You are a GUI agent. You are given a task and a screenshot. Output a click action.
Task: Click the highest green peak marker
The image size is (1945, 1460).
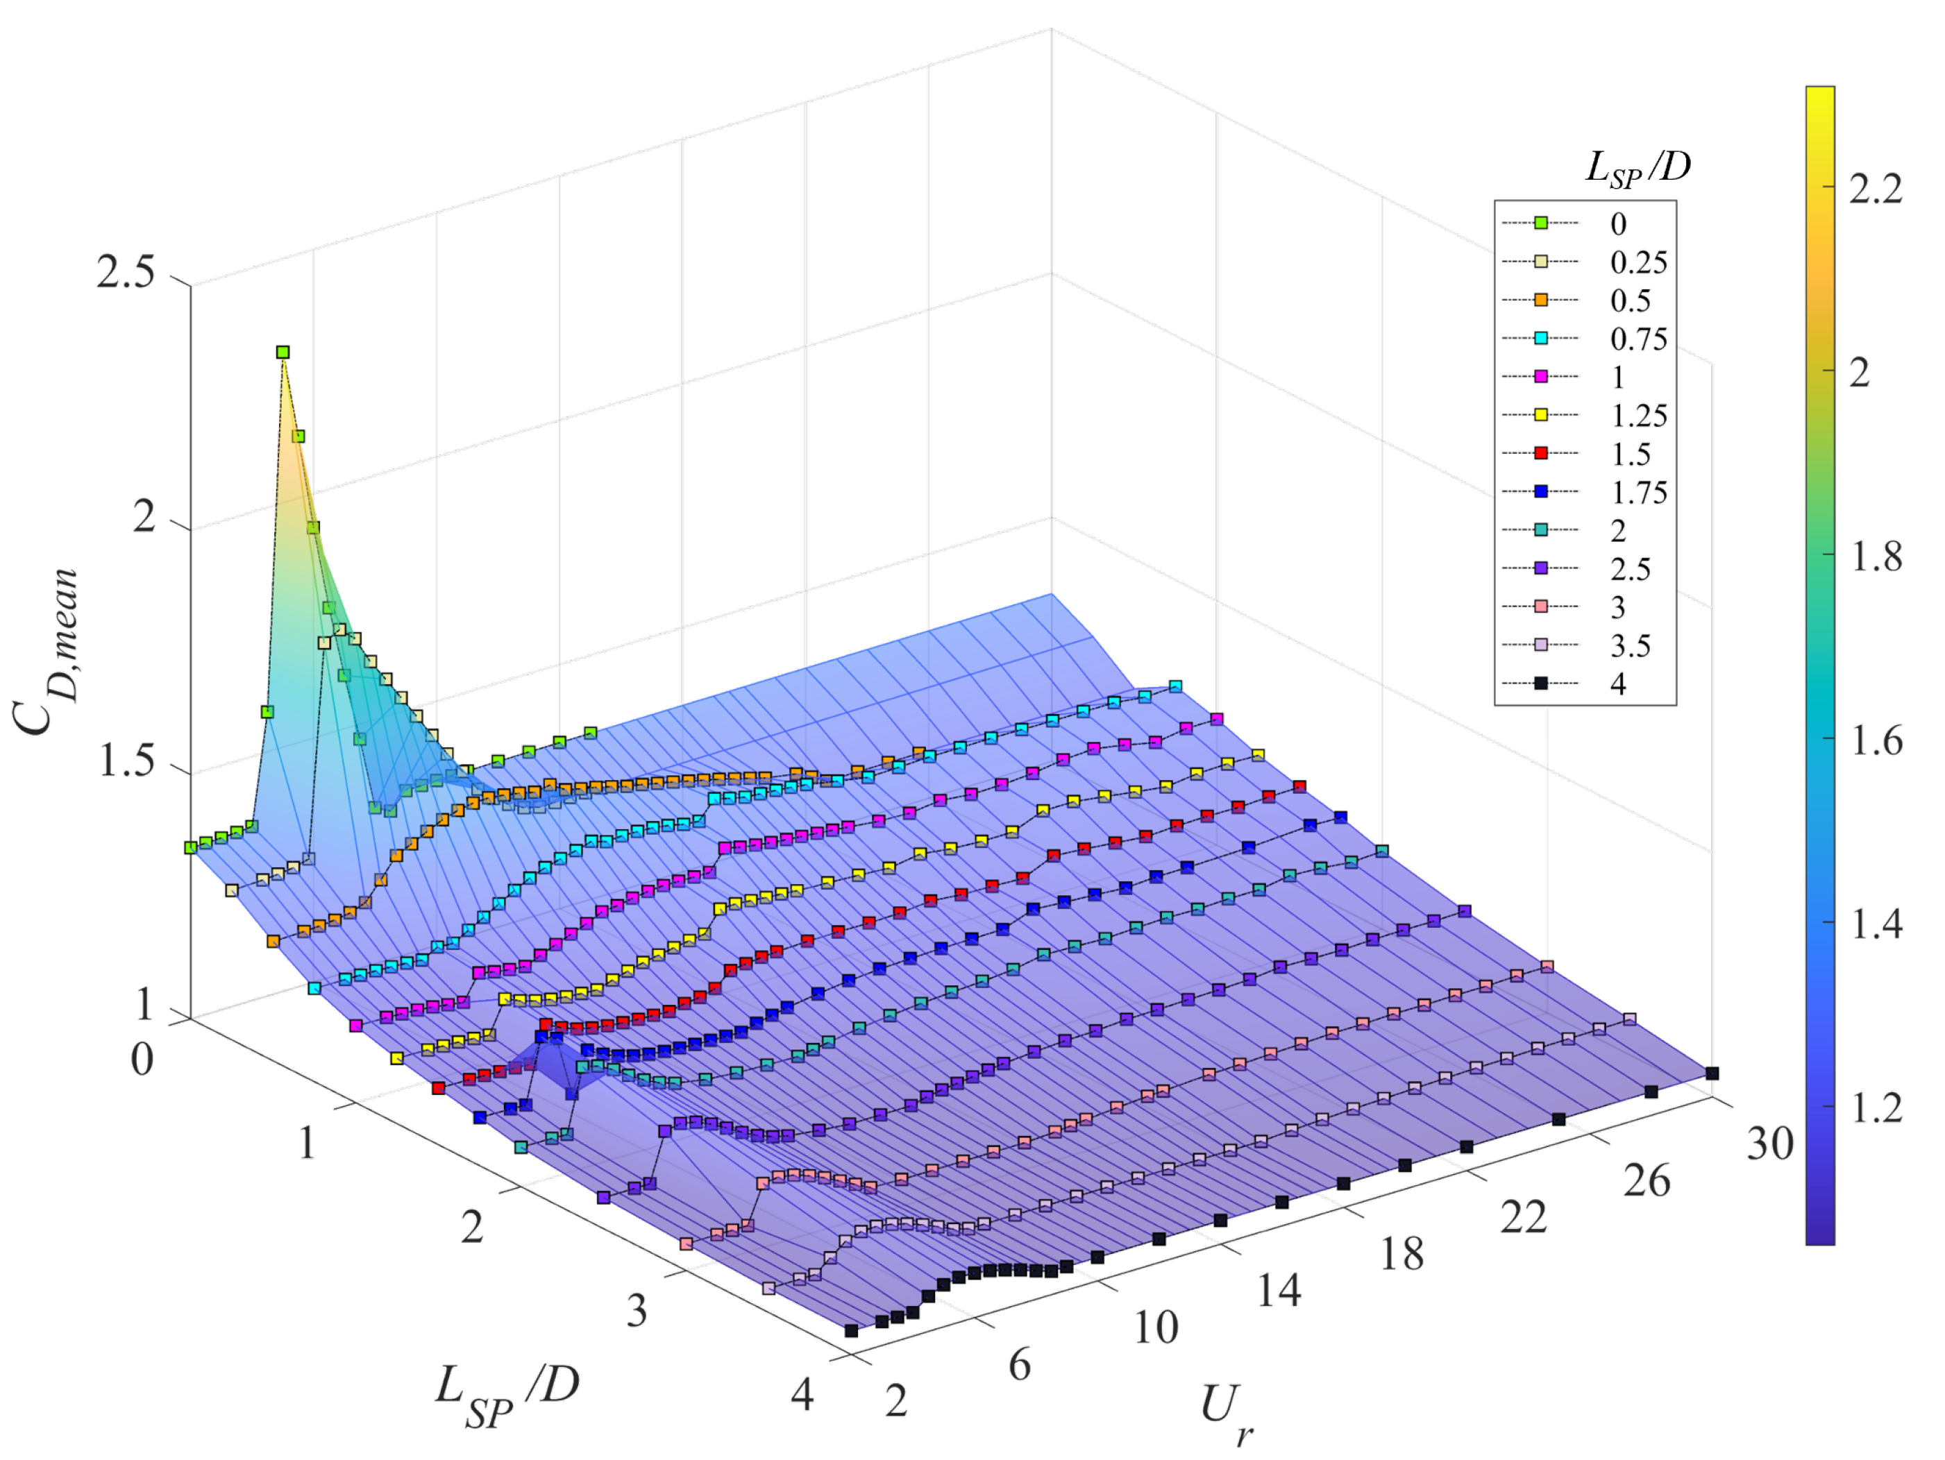[283, 353]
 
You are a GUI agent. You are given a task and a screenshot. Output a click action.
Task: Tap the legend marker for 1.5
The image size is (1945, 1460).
[1540, 452]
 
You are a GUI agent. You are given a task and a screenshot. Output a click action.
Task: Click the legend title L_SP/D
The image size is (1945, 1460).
[1637, 167]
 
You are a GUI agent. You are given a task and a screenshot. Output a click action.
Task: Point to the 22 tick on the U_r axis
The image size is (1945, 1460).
[1523, 1217]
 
